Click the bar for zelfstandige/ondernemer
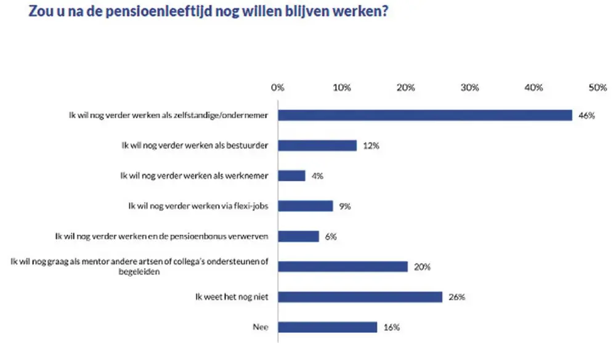pos(425,115)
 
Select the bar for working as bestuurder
pos(317,145)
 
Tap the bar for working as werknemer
pos(292,176)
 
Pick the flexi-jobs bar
pos(306,206)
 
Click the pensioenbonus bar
pos(299,236)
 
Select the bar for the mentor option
pos(343,266)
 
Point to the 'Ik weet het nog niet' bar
pos(360,297)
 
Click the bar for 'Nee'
pos(328,327)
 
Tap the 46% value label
pos(586,115)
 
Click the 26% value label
pos(456,297)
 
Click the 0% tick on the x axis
pos(278,88)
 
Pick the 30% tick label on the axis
pos(469,88)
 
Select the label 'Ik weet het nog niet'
pos(233,297)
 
